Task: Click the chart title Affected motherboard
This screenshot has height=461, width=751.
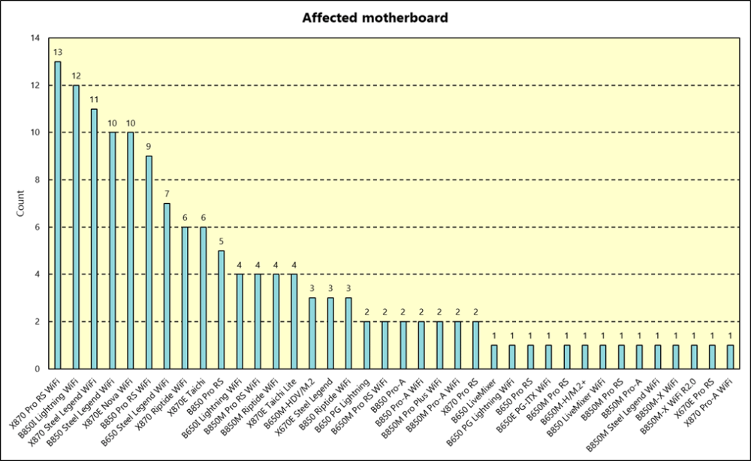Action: click(x=375, y=17)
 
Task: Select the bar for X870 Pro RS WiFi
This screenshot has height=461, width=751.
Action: click(x=58, y=215)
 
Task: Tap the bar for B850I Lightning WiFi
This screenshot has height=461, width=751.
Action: click(x=76, y=227)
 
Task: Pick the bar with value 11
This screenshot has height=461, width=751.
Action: click(x=94, y=239)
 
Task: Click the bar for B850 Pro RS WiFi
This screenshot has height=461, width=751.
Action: click(x=149, y=262)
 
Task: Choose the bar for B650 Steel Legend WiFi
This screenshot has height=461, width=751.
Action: click(x=167, y=286)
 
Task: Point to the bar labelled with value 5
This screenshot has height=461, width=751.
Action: click(x=221, y=310)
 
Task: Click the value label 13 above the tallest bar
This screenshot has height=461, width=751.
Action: click(x=58, y=52)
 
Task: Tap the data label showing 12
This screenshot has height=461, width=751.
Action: click(x=76, y=75)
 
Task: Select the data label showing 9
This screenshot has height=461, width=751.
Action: click(x=149, y=147)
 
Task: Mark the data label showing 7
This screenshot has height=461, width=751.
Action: click(x=167, y=194)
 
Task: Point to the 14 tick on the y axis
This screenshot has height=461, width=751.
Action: click(x=35, y=38)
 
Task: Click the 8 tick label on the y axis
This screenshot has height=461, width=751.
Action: click(x=38, y=180)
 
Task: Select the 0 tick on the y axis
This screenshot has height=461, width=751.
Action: click(x=38, y=369)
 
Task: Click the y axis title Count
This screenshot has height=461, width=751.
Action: click(x=21, y=203)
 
